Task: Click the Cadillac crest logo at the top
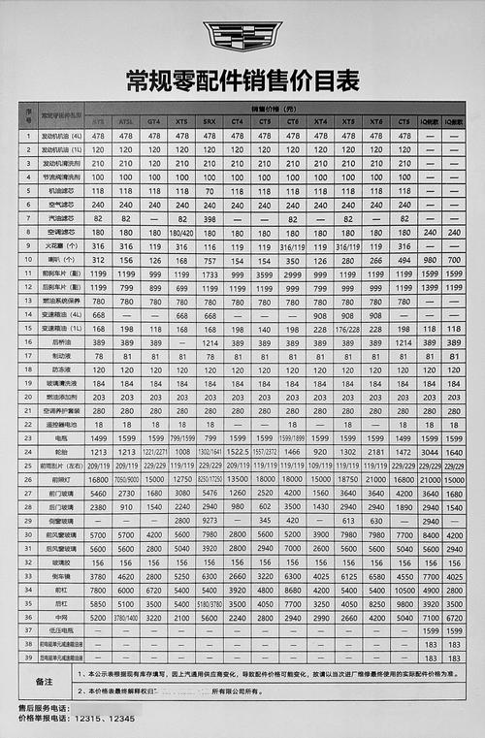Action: coord(242,37)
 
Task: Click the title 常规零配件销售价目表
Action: coord(242,78)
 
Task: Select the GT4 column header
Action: coord(154,120)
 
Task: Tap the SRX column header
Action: coord(210,120)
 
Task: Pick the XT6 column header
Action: coord(375,120)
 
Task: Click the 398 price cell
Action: coord(210,219)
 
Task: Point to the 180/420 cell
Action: coord(181,233)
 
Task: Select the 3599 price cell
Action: coord(265,274)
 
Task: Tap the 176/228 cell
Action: coord(347,329)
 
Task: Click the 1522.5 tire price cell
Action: coord(238,452)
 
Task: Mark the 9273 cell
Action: coord(210,520)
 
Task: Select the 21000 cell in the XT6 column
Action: coord(375,479)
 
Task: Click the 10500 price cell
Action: coord(404,589)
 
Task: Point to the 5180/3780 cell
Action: coord(210,602)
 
